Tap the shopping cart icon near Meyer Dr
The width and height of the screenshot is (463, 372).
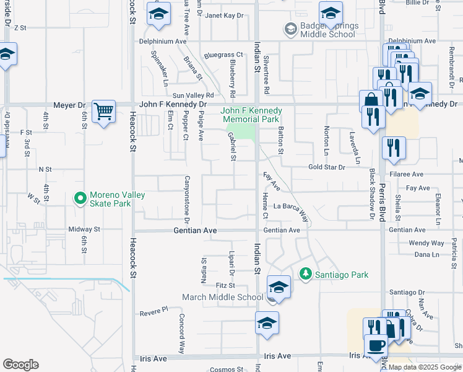[x=103, y=112]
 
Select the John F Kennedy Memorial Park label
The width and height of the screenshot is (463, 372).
[x=252, y=115]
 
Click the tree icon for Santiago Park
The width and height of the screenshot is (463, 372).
[x=305, y=274]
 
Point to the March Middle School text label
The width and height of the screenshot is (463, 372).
[x=222, y=297]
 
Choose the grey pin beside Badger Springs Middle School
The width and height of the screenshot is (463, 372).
[x=289, y=29]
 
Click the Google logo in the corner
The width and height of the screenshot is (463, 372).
[x=20, y=365]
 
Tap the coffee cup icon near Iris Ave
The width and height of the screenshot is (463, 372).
[x=375, y=345]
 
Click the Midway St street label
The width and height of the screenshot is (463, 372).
[x=84, y=229]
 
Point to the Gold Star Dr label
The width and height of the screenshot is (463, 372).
[x=326, y=167]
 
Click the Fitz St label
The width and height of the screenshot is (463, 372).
[x=225, y=285]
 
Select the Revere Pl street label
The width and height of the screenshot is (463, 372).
[x=154, y=309]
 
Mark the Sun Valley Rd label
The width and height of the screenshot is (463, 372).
[x=193, y=95]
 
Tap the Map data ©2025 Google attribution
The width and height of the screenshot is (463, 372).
[x=424, y=367]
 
